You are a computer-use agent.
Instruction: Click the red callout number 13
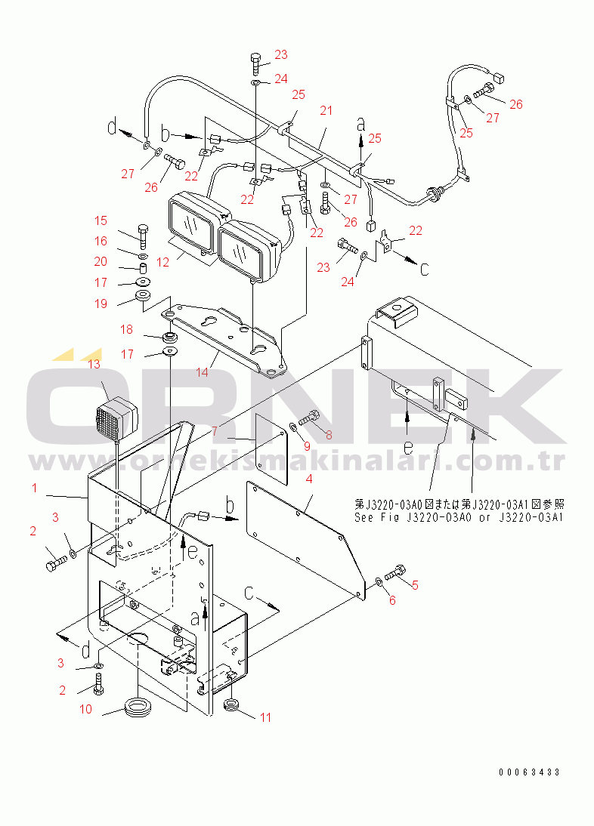(x=94, y=365)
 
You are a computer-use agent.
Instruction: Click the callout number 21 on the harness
(x=326, y=111)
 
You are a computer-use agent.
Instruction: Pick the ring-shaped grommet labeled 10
(x=138, y=708)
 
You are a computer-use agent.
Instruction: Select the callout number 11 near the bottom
(x=265, y=717)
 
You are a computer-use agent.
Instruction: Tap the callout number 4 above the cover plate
(x=309, y=479)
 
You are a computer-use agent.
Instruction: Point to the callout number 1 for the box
(x=34, y=489)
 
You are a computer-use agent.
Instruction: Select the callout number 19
(x=101, y=304)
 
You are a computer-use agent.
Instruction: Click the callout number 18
(x=127, y=329)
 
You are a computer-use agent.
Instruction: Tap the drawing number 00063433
(x=529, y=772)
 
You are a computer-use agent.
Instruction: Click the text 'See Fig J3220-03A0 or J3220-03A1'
(x=459, y=517)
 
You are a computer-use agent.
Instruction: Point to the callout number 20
(x=101, y=261)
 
